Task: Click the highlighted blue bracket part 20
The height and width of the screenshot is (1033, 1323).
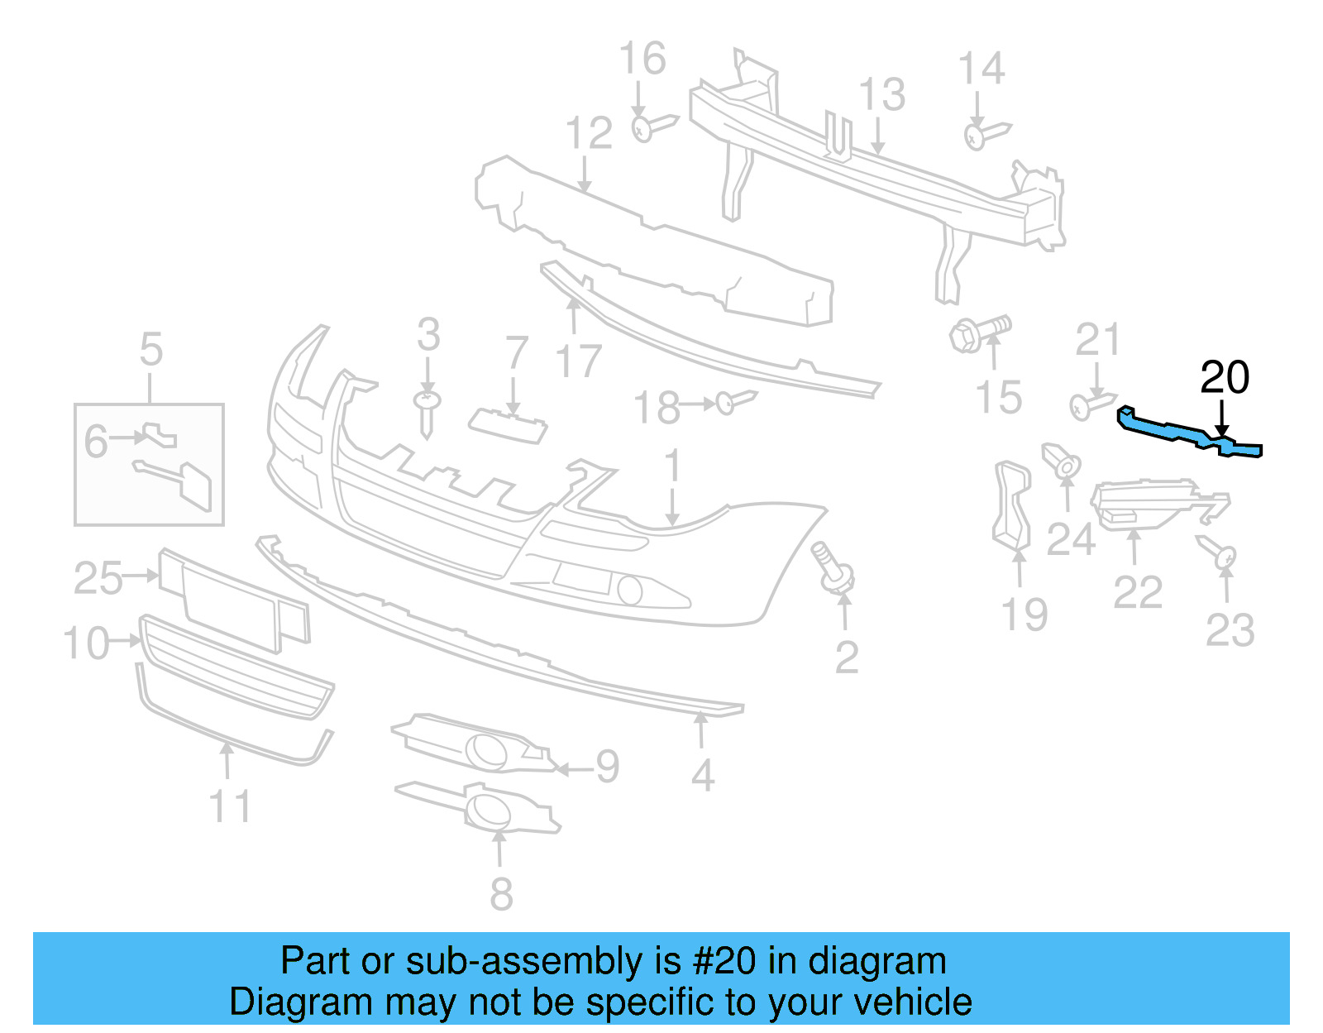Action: tap(1174, 430)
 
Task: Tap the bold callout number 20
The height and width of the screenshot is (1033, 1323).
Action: tap(1224, 378)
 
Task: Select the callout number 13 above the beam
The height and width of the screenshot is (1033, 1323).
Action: tap(881, 95)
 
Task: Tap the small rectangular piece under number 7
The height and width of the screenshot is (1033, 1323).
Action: tap(508, 425)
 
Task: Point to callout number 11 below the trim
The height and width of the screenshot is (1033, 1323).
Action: tap(230, 806)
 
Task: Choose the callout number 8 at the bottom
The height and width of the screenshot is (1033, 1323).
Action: tap(501, 894)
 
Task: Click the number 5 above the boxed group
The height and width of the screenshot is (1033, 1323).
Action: tap(150, 349)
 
